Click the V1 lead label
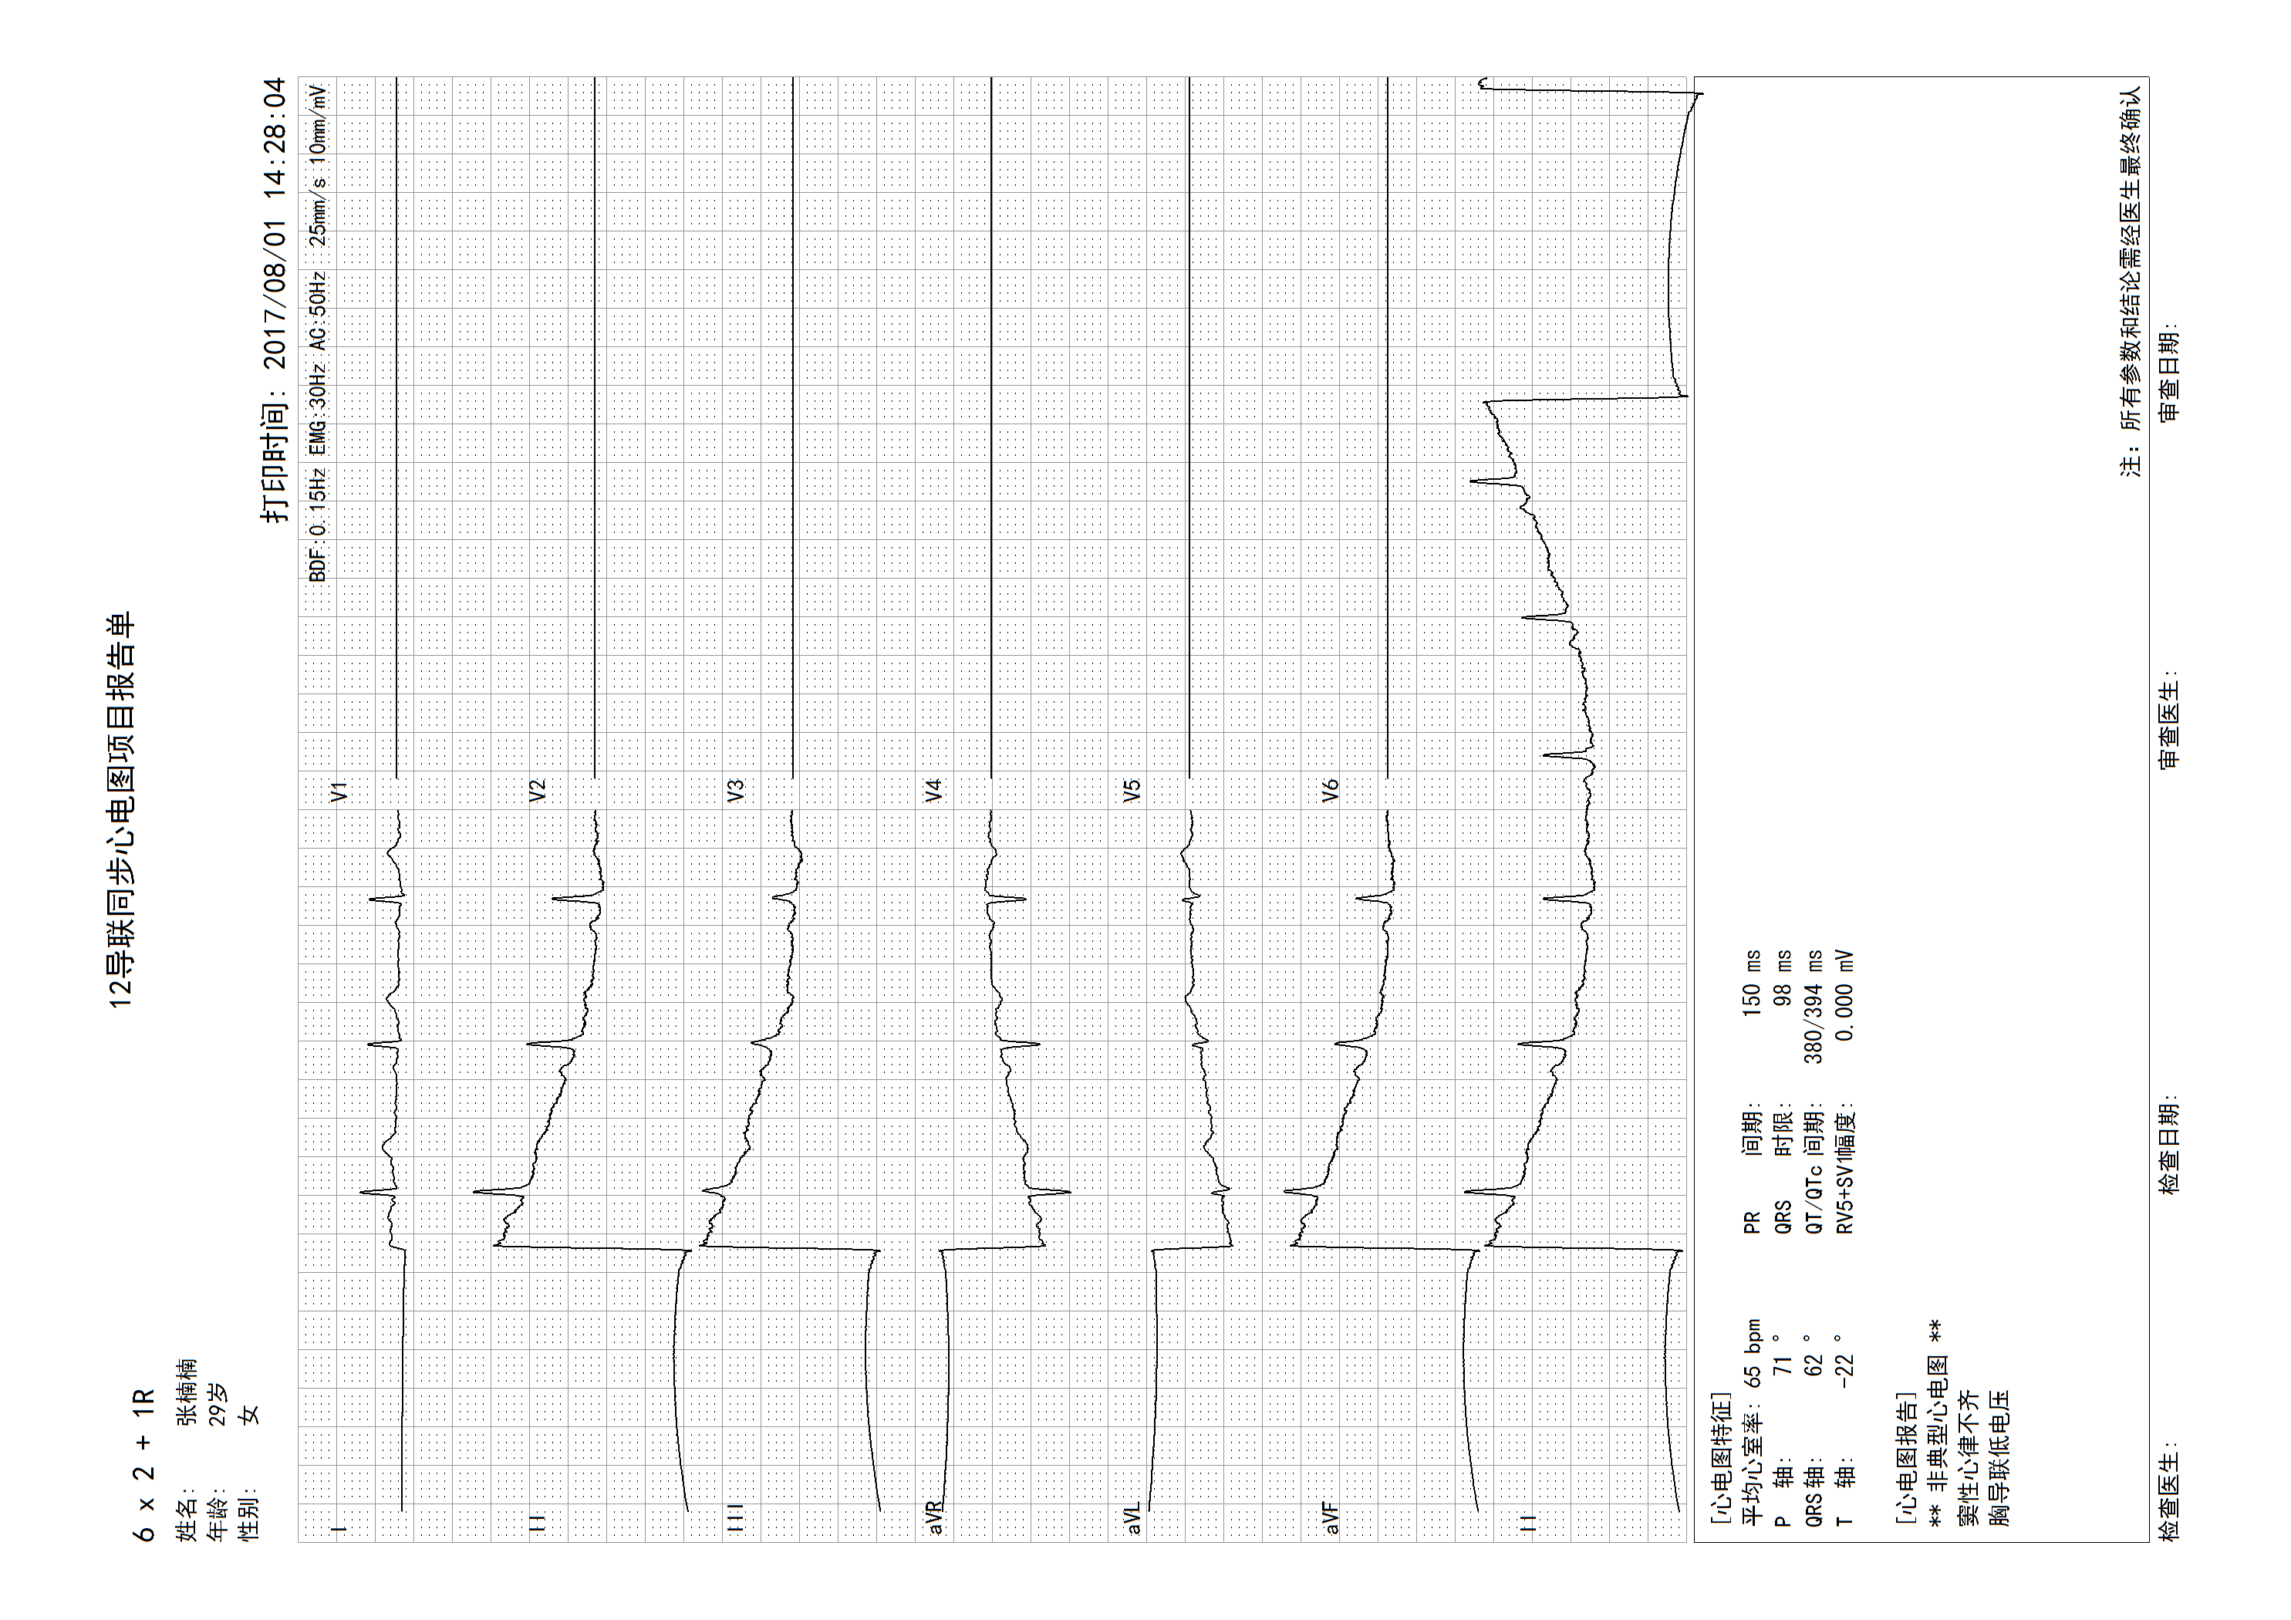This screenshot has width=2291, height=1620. coord(340,791)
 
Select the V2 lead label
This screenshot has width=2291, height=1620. coord(538,791)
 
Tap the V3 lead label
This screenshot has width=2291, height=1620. coord(737,791)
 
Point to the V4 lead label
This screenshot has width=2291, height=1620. coord(934,791)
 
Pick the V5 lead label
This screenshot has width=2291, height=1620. coord(1132,791)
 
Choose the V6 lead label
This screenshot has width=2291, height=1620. coord(1330,791)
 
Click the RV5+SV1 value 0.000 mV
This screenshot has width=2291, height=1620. coord(1845,995)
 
